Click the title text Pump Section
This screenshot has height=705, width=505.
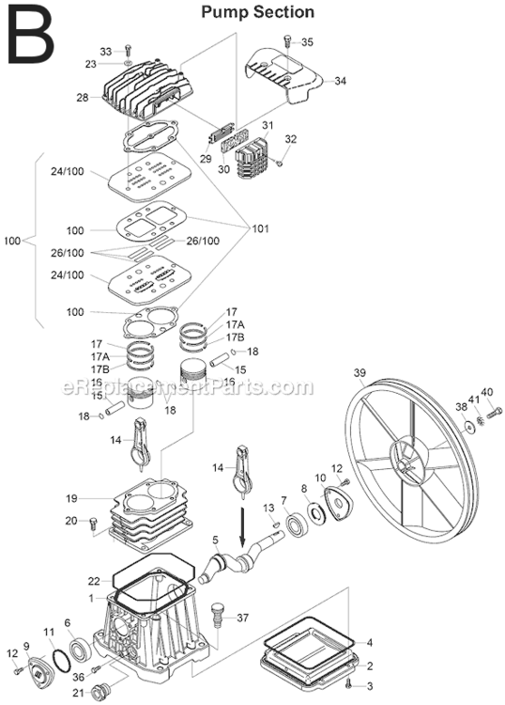pyautogui.click(x=258, y=12)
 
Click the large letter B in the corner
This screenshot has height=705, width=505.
pyautogui.click(x=29, y=35)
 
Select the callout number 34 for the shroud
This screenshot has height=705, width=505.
pyautogui.click(x=340, y=81)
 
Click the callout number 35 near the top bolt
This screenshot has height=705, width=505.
pyautogui.click(x=308, y=42)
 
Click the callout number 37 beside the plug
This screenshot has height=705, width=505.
pyautogui.click(x=243, y=618)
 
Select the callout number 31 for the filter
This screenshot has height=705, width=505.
pyautogui.click(x=268, y=126)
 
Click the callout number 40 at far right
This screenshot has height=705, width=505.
pyautogui.click(x=486, y=392)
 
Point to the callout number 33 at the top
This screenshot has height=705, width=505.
pyautogui.click(x=105, y=51)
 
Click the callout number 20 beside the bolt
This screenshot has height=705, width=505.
pyautogui.click(x=70, y=521)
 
